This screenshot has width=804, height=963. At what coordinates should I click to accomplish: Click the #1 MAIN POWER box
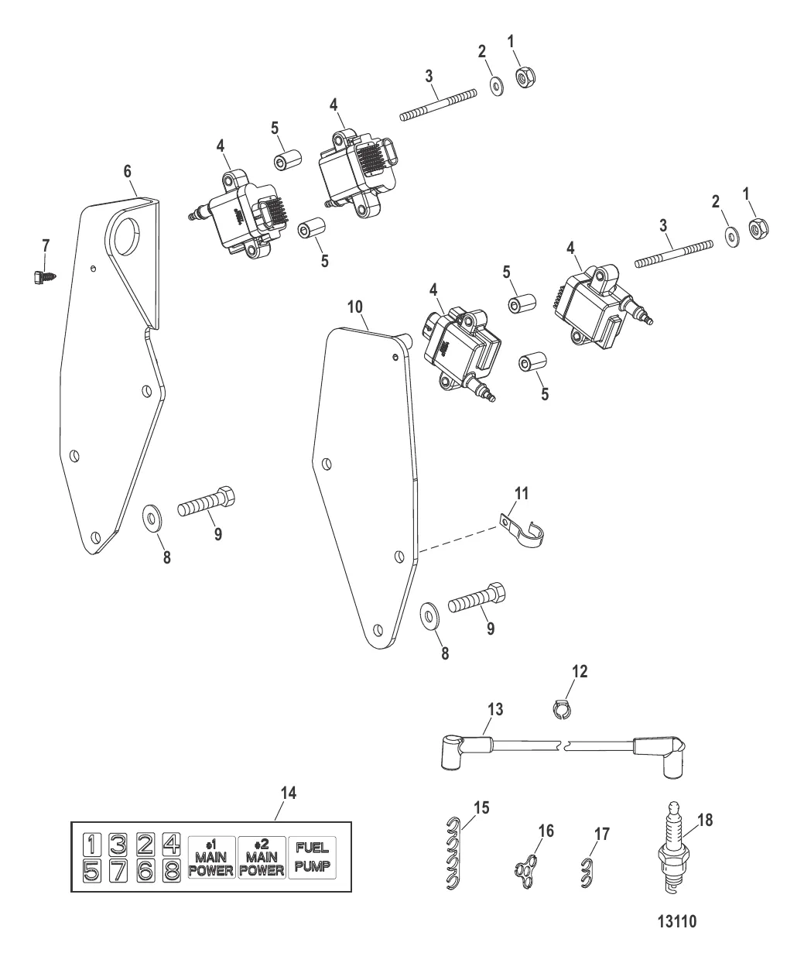coord(211,857)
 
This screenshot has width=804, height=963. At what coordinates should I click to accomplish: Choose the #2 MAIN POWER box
coord(262,857)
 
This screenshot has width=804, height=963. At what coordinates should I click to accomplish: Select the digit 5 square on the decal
coord(91,871)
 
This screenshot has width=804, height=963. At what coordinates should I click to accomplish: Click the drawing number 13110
coord(676,922)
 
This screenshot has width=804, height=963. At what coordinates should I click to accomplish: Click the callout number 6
coord(128,173)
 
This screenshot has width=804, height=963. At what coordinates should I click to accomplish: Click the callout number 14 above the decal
coord(289,794)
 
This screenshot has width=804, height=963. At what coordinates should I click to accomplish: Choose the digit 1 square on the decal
coord(91,844)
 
